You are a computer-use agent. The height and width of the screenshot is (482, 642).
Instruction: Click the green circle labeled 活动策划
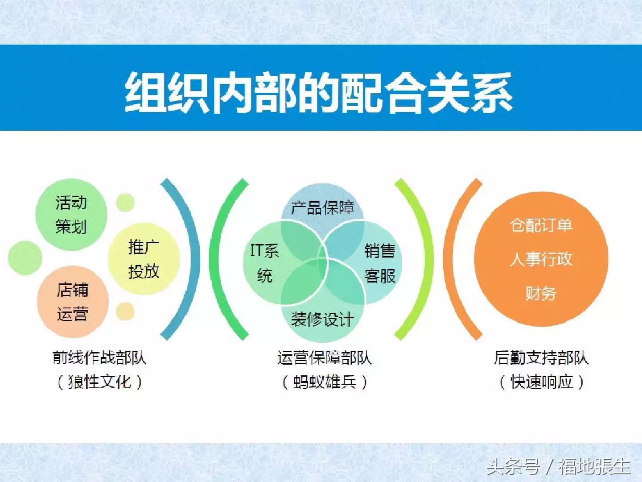[71, 215]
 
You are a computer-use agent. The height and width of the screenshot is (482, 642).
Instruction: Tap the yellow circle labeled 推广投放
[144, 259]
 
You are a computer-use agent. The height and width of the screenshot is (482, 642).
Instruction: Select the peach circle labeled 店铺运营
[73, 302]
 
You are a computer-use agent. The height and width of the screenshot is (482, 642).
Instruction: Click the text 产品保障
[322, 208]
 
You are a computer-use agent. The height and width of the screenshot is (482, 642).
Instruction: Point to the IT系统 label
[264, 263]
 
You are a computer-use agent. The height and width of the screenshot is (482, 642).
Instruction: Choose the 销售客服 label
[380, 263]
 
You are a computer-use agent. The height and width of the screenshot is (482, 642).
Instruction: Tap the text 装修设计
[322, 319]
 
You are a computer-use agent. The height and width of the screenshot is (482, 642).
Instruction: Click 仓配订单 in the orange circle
[541, 225]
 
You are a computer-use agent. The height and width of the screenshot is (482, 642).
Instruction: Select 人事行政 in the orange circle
[541, 259]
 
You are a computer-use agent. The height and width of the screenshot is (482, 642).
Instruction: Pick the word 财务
[541, 293]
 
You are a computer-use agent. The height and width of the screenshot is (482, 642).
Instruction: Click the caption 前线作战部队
[99, 357]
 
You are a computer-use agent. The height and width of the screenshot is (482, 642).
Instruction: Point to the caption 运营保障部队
[324, 357]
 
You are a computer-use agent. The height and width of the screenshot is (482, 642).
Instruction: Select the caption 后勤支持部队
[541, 357]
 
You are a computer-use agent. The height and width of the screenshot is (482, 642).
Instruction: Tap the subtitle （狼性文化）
[99, 382]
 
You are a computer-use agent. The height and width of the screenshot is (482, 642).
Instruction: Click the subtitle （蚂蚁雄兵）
[324, 382]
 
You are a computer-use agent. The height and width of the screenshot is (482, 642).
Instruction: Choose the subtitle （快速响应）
[541, 382]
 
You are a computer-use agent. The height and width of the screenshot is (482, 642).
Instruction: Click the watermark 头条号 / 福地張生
[558, 467]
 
